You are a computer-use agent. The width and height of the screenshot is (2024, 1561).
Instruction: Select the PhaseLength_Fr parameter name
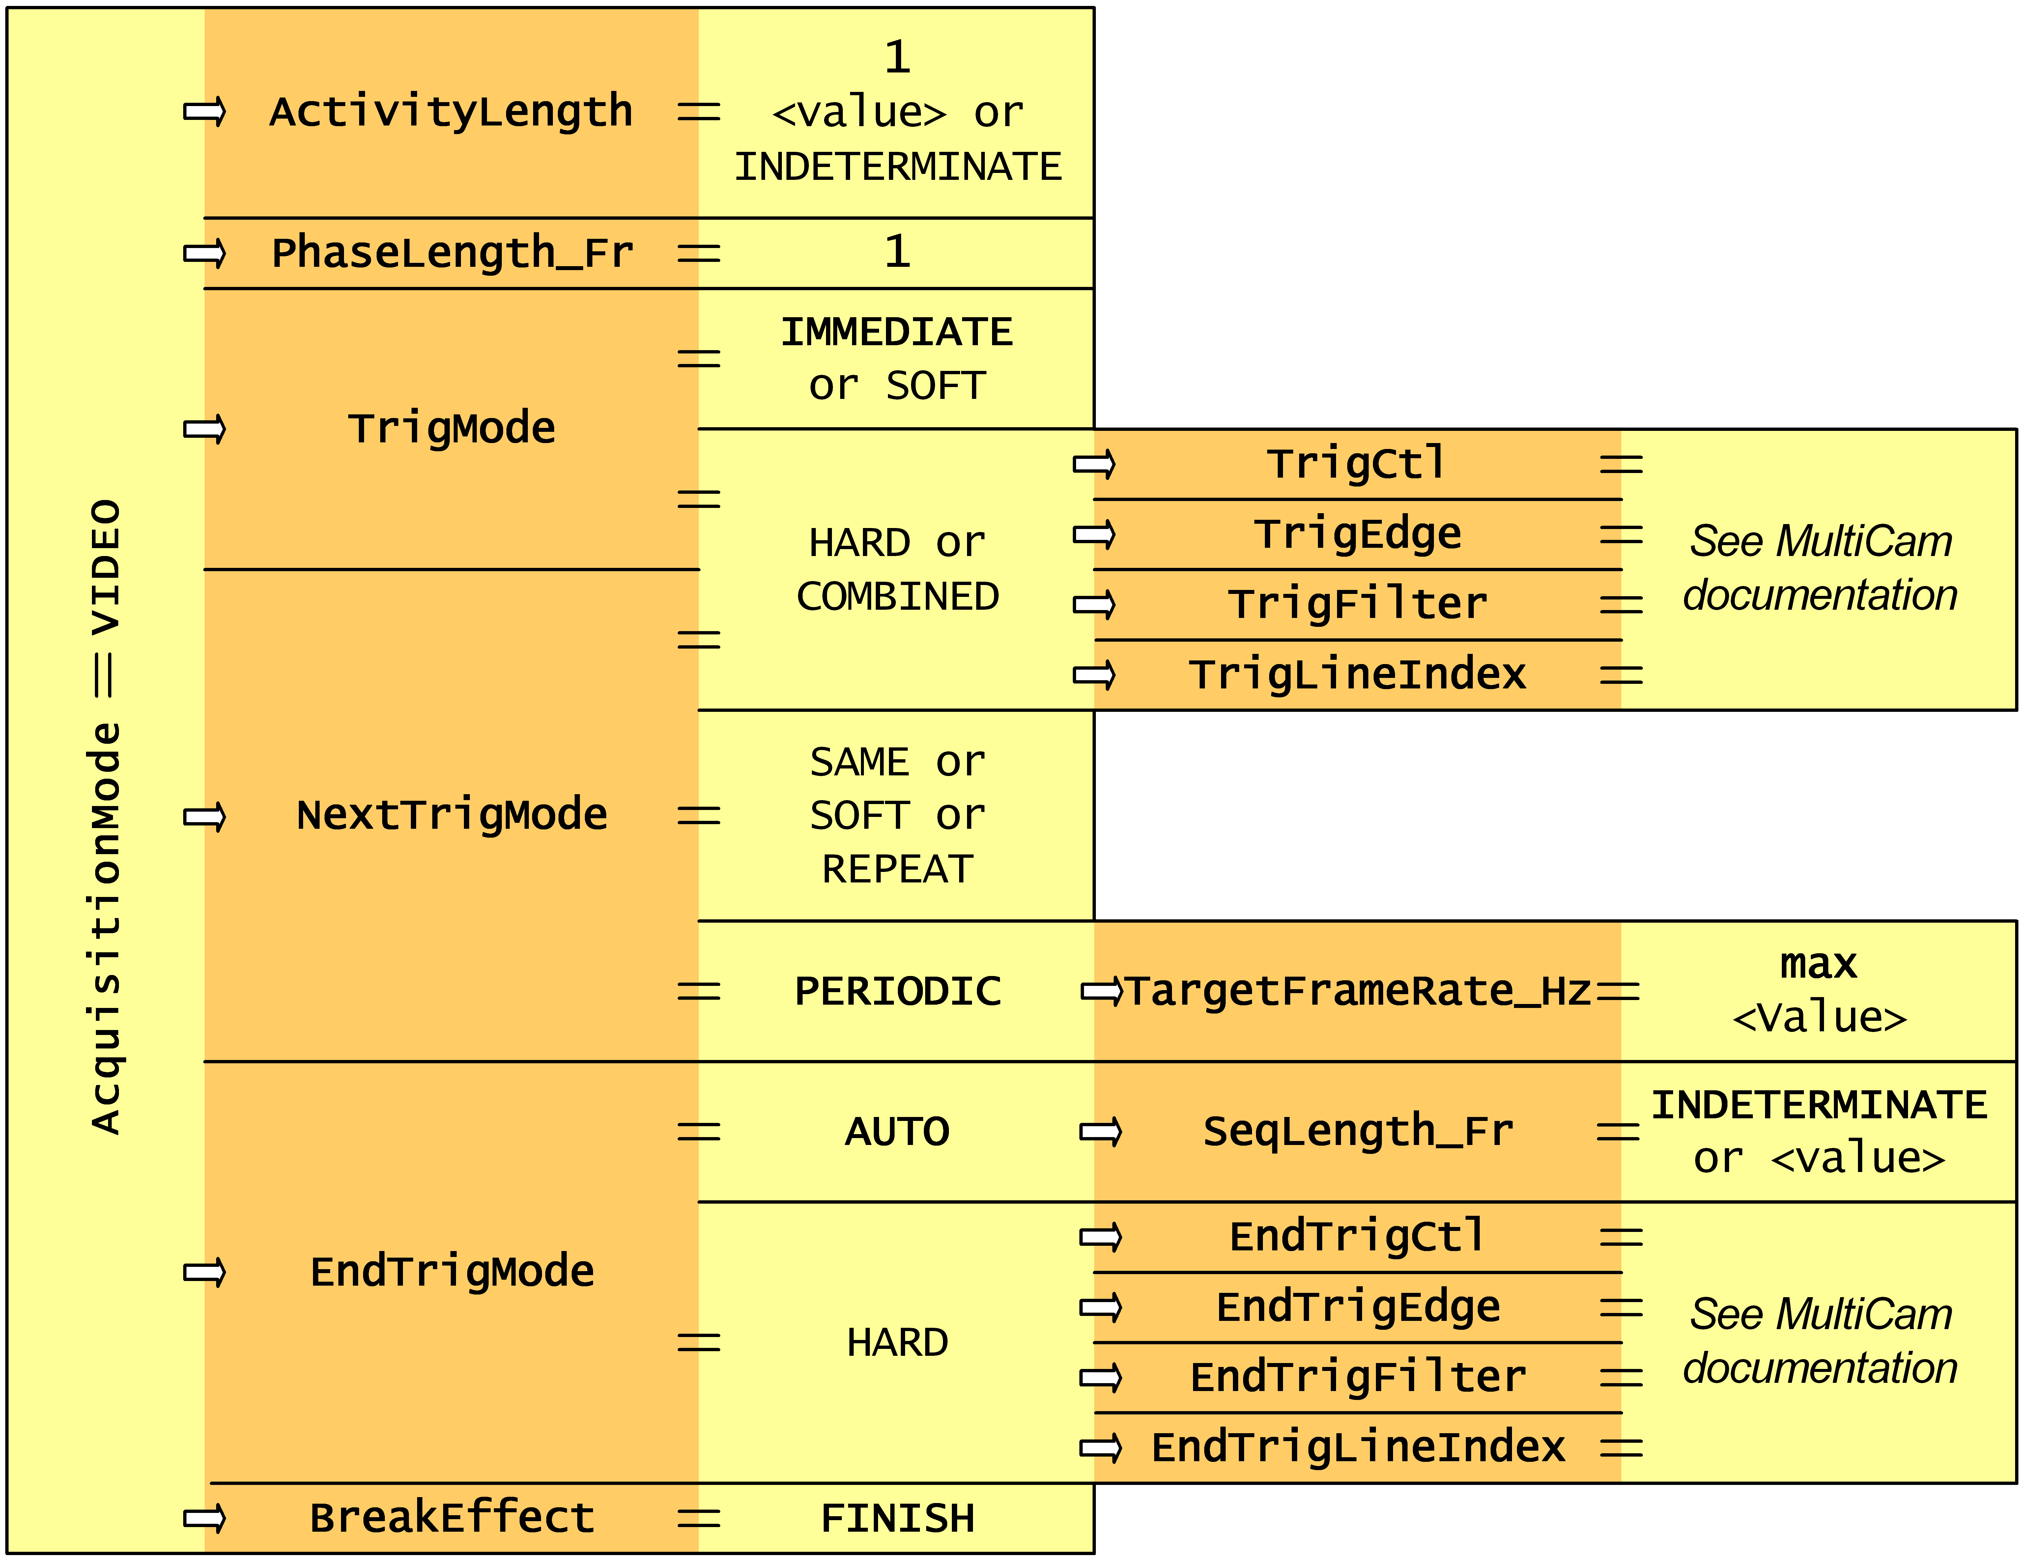(452, 253)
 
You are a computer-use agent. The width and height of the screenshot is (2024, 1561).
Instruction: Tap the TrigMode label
(451, 428)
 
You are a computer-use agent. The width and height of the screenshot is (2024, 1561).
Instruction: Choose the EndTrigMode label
(451, 1271)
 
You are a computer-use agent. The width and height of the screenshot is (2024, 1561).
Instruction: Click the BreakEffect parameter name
(451, 1518)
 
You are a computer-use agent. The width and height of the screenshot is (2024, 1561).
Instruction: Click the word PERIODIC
(897, 991)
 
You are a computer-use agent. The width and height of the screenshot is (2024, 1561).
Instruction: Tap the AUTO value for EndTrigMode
(897, 1131)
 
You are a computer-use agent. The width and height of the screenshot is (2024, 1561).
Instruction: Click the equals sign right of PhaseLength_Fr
(699, 253)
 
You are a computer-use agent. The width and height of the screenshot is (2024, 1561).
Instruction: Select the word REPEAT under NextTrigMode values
(897, 869)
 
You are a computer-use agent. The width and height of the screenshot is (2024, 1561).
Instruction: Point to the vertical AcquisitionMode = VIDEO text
(106, 817)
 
